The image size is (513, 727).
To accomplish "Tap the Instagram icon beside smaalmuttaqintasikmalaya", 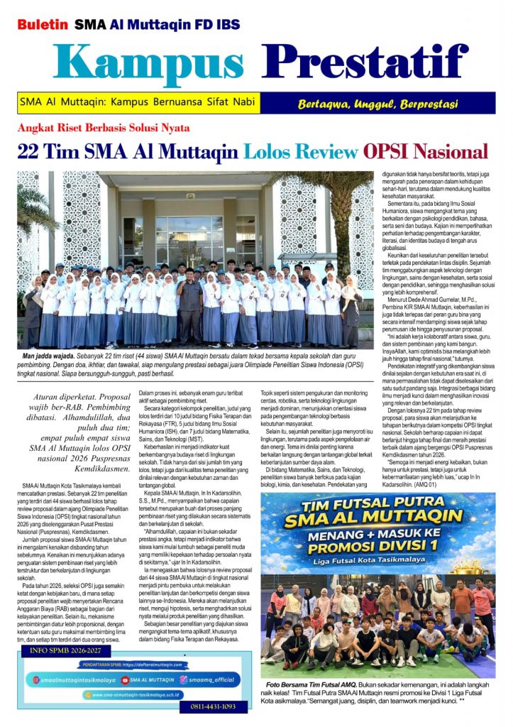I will click(x=35, y=679).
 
